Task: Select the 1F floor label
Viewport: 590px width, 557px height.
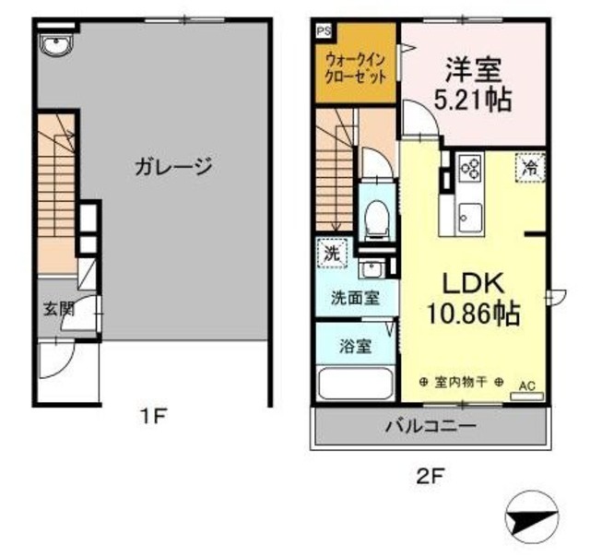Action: (152, 417)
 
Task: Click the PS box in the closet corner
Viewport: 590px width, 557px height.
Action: (323, 31)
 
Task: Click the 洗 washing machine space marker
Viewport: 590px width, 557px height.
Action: (329, 251)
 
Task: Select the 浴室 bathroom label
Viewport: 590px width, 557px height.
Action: (354, 348)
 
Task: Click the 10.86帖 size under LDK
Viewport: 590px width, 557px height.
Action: (472, 314)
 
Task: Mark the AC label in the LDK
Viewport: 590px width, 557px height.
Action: (528, 385)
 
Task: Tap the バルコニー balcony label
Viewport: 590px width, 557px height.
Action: (431, 426)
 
